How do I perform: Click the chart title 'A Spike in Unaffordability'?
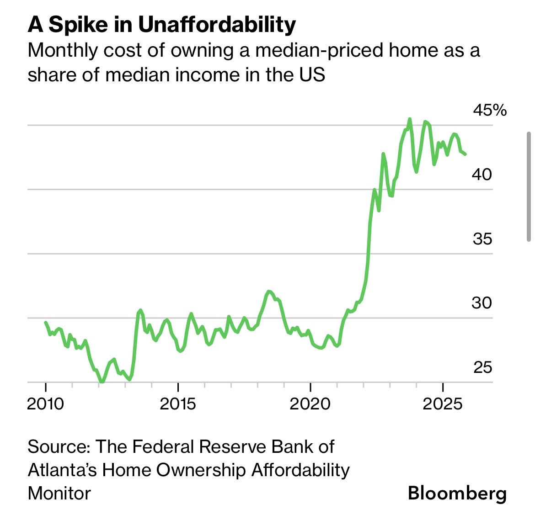tap(161, 25)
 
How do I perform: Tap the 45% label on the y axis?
tap(489, 110)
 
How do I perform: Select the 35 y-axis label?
tap(482, 239)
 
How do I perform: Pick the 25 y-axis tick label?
tap(482, 367)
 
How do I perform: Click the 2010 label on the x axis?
tap(45, 404)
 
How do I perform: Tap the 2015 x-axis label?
tap(178, 404)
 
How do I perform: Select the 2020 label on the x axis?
tap(310, 404)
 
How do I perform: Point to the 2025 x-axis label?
tap(443, 404)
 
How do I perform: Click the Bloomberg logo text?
tap(457, 494)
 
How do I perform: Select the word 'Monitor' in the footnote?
tap(59, 494)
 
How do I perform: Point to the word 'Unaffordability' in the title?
tap(217, 25)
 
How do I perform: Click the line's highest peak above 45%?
tap(409, 119)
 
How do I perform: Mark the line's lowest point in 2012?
tap(102, 382)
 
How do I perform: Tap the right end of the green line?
tap(465, 154)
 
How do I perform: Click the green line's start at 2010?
tap(45, 323)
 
